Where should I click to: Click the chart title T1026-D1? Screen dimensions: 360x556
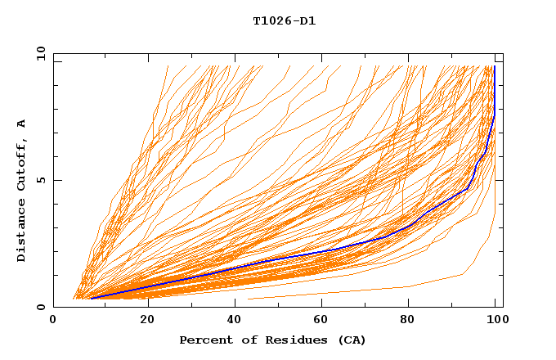click(x=284, y=20)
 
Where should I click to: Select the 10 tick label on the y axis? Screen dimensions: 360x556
click(x=38, y=53)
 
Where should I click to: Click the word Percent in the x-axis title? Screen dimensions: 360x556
click(x=204, y=340)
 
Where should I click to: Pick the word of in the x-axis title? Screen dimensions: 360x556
click(x=245, y=340)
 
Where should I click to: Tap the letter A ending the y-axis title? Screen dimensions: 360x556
click(x=21, y=124)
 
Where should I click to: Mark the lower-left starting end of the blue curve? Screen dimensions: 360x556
click(x=91, y=298)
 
